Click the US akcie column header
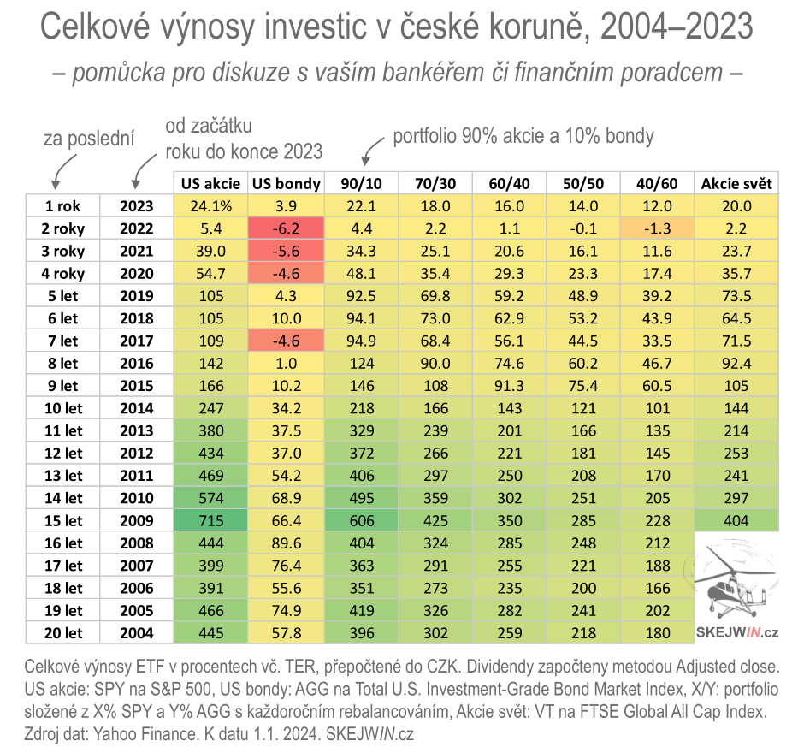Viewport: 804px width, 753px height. pyautogui.click(x=210, y=184)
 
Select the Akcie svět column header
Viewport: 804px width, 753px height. pyautogui.click(x=736, y=184)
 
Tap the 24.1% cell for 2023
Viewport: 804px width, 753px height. pyautogui.click(x=210, y=206)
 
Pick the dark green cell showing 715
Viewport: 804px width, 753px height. pyautogui.click(x=210, y=521)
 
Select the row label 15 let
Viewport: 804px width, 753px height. pyautogui.click(x=62, y=521)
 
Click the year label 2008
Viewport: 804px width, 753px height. pyautogui.click(x=137, y=543)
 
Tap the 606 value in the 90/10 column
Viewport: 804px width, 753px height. pyautogui.click(x=361, y=521)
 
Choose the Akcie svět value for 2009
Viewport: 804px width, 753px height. pyautogui.click(x=736, y=521)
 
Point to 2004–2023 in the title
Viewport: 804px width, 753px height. pyautogui.click(x=677, y=29)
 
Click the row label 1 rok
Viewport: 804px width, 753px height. pyautogui.click(x=62, y=206)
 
